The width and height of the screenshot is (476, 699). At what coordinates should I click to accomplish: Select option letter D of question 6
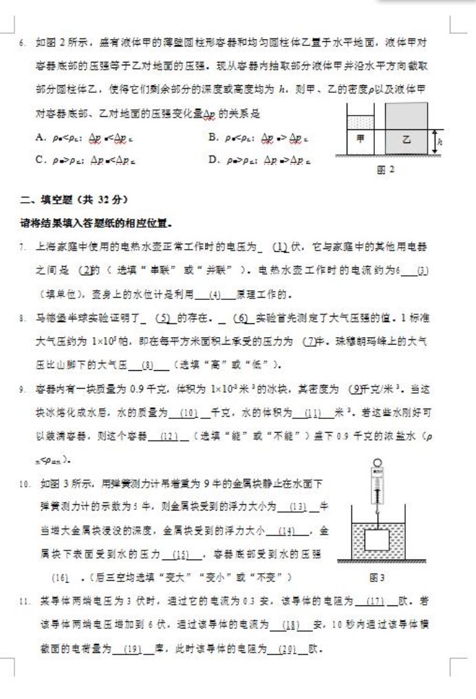[x=213, y=160]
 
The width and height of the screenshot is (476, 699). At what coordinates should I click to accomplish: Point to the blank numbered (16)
[x=61, y=576]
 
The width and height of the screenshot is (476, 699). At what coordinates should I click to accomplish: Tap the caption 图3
[x=376, y=578]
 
